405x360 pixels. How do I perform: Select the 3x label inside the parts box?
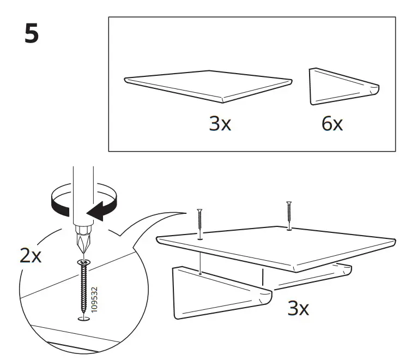pyautogui.click(x=220, y=124)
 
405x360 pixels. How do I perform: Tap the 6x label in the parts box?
pyautogui.click(x=332, y=124)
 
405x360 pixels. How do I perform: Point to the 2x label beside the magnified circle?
pyautogui.click(x=31, y=255)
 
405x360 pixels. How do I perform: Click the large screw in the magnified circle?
pyautogui.click(x=84, y=286)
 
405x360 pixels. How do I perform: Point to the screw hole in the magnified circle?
pyautogui.click(x=83, y=319)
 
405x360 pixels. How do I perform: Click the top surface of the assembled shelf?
pyautogui.click(x=273, y=243)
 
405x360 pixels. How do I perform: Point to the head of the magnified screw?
pyautogui.click(x=83, y=263)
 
